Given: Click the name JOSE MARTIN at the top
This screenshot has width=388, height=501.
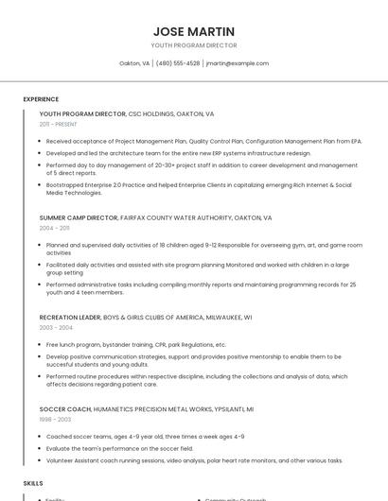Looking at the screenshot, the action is coord(194,31).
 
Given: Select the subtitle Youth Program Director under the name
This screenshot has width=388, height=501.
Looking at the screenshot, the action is coord(194,45).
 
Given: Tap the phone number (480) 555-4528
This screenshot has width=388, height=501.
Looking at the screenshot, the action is coord(178,63).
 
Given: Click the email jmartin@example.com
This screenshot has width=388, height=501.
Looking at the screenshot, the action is coord(238,63).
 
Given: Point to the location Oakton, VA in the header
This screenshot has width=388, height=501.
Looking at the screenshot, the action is coord(134,63).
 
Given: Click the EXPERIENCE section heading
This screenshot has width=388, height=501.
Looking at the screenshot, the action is coord(41,99).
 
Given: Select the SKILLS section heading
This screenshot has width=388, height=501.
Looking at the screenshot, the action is coord(33,483).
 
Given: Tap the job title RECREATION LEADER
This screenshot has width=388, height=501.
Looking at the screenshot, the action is coord(69,317).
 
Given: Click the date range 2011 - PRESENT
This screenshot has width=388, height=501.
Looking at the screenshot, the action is coord(59,124).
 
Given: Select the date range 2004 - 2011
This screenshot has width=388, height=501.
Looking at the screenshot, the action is coord(54,228).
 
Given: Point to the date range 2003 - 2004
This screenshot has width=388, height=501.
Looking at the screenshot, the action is coord(55,327).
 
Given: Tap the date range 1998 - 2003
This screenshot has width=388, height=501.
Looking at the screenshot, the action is coord(55,419).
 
